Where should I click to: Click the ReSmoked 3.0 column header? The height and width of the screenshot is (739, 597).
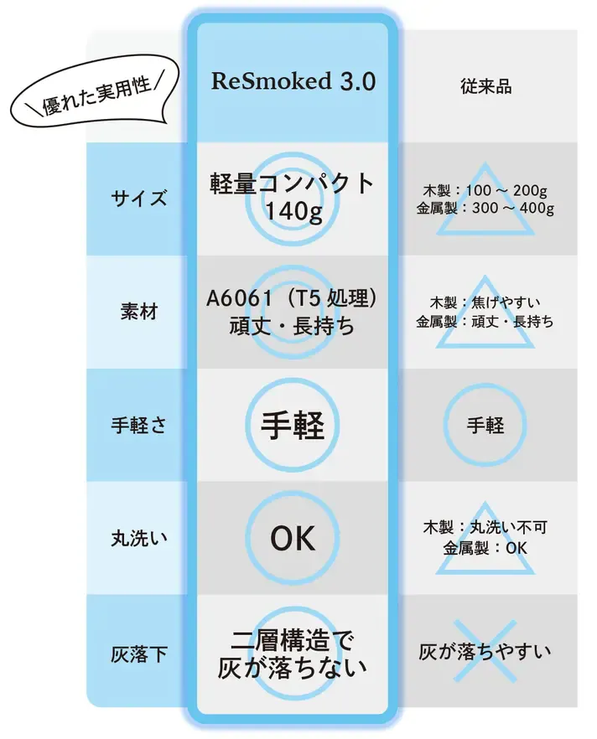click(293, 81)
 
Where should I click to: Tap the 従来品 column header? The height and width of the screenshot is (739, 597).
click(485, 86)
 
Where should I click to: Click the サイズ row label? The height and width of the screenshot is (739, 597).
click(138, 198)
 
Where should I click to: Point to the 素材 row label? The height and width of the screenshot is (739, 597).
click(138, 312)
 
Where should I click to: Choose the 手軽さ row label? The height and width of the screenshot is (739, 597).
click(138, 425)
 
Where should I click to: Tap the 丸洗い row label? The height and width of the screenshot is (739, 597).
click(138, 538)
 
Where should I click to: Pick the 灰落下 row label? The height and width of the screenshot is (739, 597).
click(138, 654)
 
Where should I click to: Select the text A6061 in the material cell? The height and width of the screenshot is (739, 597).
click(239, 298)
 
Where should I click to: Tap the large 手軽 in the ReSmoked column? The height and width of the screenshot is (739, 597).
click(293, 425)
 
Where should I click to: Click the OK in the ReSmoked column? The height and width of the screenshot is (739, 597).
click(293, 538)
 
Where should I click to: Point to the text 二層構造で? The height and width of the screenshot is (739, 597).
click(292, 640)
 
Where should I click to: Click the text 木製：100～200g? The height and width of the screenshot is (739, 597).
click(485, 190)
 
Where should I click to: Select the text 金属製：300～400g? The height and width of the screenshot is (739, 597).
click(485, 208)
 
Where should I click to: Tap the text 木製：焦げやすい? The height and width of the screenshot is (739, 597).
click(485, 302)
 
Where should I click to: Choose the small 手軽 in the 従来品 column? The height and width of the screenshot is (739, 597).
click(485, 425)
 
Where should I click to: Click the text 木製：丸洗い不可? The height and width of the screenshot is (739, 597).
click(485, 527)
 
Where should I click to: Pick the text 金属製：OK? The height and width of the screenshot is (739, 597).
click(485, 548)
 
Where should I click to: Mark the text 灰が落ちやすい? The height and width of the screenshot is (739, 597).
click(485, 652)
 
